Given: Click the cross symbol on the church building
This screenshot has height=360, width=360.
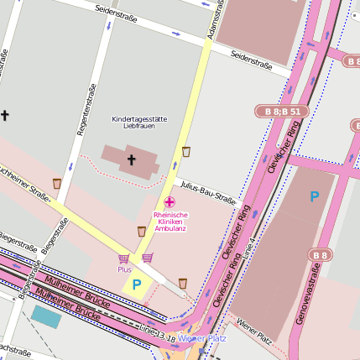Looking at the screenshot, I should (x=131, y=159).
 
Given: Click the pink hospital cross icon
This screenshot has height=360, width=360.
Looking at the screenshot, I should (x=170, y=201).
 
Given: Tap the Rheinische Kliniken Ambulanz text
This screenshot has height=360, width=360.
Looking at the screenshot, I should (x=170, y=222).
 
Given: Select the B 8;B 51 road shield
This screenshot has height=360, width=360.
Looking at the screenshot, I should (x=278, y=111).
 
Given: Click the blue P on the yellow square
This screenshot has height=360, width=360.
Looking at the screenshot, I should (x=136, y=285).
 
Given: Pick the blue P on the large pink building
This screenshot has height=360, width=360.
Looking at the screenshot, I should (x=315, y=197).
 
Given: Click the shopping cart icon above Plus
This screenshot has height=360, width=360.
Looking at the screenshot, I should (x=124, y=258).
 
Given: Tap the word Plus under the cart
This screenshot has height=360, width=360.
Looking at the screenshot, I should (x=124, y=269).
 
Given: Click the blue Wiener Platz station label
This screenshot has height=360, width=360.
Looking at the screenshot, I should (x=202, y=338).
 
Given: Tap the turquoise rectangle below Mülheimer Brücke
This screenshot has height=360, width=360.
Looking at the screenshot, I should (x=46, y=316).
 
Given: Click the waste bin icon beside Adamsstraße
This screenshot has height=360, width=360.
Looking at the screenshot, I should (x=185, y=152).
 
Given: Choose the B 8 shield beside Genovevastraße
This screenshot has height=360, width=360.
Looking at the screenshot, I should (x=320, y=255).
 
